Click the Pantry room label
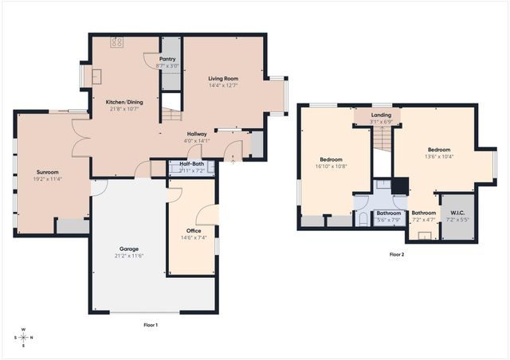(x=167, y=59)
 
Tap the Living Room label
(x=224, y=79)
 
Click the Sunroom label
(x=48, y=172)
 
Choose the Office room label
(x=194, y=230)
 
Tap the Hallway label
(x=197, y=134)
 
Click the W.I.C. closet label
(x=457, y=212)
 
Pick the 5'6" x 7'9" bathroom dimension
(x=389, y=220)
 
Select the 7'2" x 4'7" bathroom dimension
(x=423, y=220)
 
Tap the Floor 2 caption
(x=396, y=255)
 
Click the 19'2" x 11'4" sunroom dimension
(x=48, y=179)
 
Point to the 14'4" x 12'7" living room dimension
(x=224, y=86)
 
